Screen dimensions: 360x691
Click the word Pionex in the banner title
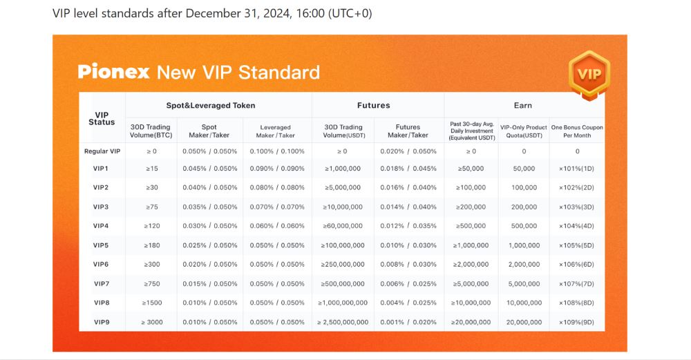[x=113, y=72]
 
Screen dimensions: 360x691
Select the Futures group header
[x=373, y=106]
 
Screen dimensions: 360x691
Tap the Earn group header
[x=522, y=106]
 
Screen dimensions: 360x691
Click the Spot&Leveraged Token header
[x=211, y=106]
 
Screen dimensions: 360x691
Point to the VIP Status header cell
[x=102, y=118]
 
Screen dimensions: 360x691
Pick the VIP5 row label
[x=102, y=245]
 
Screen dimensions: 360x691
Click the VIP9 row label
[x=102, y=322]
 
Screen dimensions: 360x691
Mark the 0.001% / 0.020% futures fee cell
[x=408, y=322]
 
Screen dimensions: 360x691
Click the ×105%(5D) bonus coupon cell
[x=577, y=245]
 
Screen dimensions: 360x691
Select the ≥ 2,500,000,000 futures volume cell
[x=342, y=322]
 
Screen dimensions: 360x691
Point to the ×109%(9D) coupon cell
[x=577, y=322]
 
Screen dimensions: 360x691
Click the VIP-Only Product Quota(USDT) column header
[x=523, y=131]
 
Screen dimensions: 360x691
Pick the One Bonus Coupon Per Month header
[x=577, y=131]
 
